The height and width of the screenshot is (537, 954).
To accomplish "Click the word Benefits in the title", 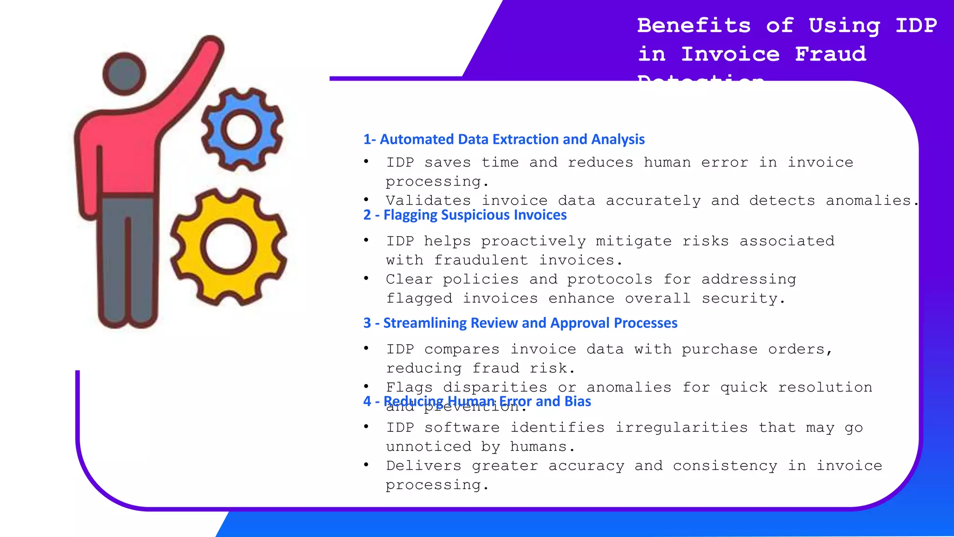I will (694, 26).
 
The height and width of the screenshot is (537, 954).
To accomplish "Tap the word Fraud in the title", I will (831, 54).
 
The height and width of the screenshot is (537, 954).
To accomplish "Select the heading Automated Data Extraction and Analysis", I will (504, 139).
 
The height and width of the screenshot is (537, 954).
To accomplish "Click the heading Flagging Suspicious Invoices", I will (465, 215).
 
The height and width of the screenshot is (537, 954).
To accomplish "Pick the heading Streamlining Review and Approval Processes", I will (520, 323).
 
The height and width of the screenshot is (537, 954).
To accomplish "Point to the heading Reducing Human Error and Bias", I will (477, 401).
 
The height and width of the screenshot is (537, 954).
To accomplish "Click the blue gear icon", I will (242, 129).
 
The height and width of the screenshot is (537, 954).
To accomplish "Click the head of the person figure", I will (124, 74).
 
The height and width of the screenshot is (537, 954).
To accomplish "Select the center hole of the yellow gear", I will (229, 247).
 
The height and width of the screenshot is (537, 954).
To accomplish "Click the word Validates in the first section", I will (428, 201).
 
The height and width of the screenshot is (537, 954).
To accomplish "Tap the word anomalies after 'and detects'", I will (868, 201).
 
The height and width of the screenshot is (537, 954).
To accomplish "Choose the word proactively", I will (533, 241).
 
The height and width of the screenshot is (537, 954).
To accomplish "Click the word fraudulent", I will (481, 261).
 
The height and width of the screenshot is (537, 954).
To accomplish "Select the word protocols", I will (610, 280).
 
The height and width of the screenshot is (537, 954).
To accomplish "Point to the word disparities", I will (495, 388).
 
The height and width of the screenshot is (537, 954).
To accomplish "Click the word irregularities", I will (681, 428).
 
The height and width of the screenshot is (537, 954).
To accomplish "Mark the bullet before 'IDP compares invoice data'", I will (367, 348).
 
